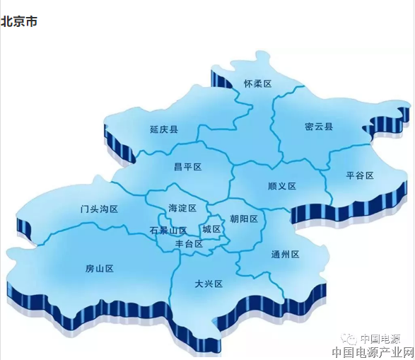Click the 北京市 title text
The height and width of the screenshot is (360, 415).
click(19, 21)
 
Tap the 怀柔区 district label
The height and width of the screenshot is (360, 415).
click(257, 83)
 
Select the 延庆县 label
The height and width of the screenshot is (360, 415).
click(164, 130)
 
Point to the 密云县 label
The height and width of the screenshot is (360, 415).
click(319, 127)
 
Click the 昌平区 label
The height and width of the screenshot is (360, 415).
click(187, 167)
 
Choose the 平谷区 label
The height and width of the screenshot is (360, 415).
click(359, 175)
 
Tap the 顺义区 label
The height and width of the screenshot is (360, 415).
click(282, 187)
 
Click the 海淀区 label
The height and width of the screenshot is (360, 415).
click(182, 208)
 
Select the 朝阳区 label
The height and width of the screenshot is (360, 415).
click(244, 219)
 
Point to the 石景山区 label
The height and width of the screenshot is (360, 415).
click(168, 231)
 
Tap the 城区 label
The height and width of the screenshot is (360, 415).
click(211, 230)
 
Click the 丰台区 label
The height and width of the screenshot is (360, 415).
click(189, 244)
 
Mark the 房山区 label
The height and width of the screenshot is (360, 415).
click(100, 269)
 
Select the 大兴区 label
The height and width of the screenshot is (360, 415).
click(209, 284)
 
